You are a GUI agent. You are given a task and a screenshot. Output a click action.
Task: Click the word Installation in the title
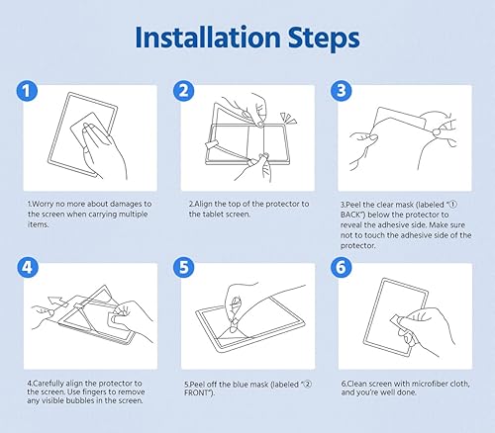tap(208, 37)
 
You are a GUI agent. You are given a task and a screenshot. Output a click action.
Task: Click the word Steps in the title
tap(324, 39)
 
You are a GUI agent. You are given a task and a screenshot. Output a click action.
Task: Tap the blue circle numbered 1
tap(27, 91)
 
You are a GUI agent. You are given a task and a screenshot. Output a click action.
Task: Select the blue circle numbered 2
tap(184, 91)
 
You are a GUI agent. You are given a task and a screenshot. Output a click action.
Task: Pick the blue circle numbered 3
tap(341, 91)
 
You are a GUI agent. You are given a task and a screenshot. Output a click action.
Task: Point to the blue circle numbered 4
tap(28, 267)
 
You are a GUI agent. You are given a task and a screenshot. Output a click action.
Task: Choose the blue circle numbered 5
tap(184, 267)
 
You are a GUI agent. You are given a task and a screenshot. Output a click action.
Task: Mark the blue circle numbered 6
tap(341, 267)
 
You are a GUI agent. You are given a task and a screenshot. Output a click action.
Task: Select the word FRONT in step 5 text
tap(197, 392)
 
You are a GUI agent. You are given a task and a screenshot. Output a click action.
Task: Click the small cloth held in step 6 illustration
tap(397, 321)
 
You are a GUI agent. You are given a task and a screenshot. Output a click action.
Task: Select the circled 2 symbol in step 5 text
tap(308, 385)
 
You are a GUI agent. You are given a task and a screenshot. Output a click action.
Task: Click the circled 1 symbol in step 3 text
tap(453, 205)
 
